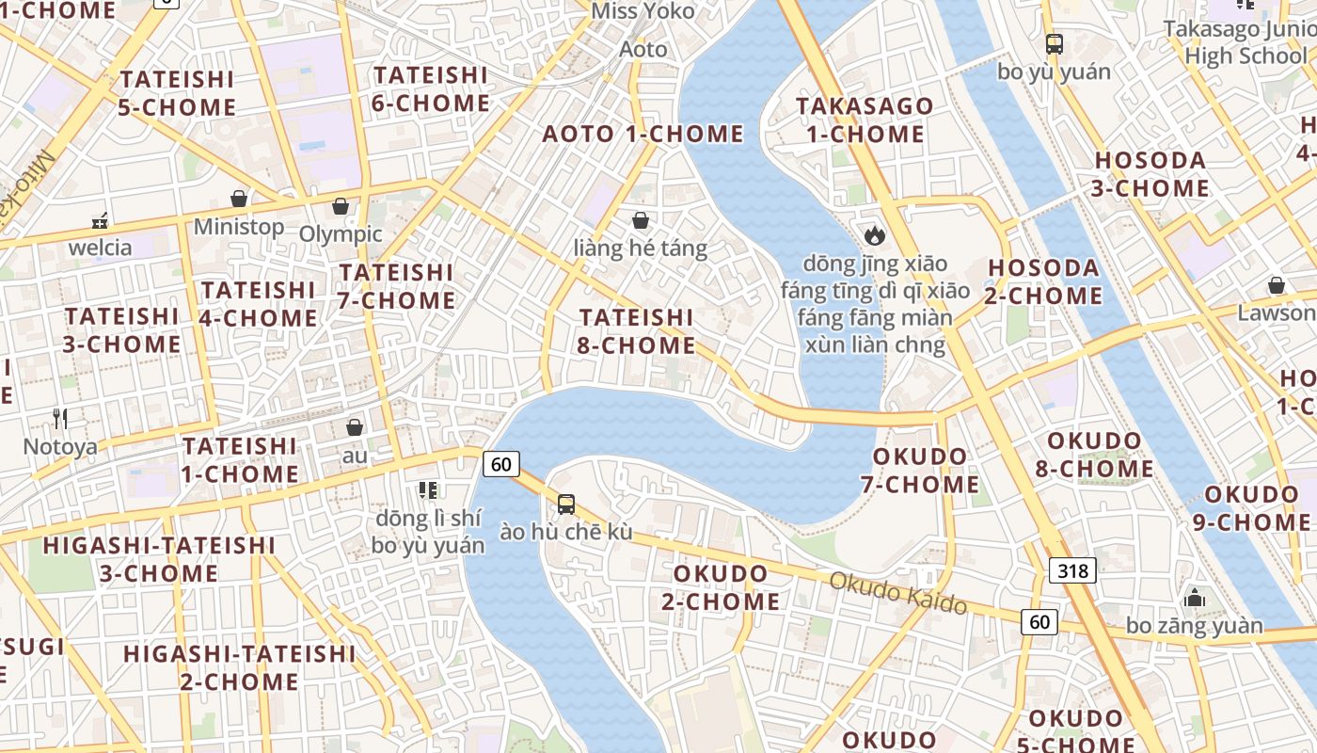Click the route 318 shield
1072,570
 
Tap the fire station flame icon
875,234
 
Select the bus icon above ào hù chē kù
566,505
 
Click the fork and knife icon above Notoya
60,419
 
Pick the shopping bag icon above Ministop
239,199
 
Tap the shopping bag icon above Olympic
341,206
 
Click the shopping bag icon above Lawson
1277,284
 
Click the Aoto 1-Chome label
643,134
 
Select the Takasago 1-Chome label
865,120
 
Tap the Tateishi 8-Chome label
637,331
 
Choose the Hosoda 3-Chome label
1151,174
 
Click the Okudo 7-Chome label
920,471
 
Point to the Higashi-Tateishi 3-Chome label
159,559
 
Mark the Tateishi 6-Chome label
430,89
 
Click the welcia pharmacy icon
100,221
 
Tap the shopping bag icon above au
355,427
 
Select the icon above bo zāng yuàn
1195,598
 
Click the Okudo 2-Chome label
721,587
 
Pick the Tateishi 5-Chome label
177,93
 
